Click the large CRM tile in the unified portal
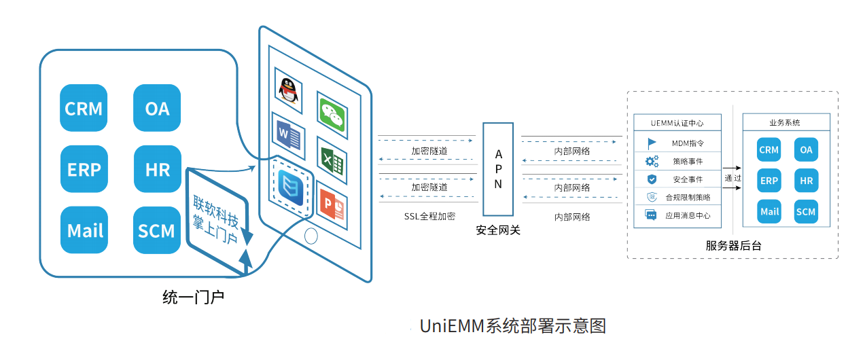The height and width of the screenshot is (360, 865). point(84,108)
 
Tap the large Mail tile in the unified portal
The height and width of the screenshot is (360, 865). point(84,230)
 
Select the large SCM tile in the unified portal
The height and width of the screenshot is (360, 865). point(157,230)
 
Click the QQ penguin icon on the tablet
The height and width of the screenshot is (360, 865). point(289,90)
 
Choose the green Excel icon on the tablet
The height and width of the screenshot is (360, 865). point(332,161)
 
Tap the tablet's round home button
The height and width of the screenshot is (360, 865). point(311,236)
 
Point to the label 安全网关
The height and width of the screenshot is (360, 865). point(498,230)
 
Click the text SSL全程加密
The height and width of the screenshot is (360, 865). point(429,216)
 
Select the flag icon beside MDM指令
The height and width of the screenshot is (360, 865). point(652,143)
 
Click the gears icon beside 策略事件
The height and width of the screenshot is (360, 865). point(652,162)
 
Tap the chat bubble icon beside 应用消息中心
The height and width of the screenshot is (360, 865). point(651,215)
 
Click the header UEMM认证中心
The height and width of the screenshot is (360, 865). point(677,123)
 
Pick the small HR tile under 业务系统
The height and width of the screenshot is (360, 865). point(806,181)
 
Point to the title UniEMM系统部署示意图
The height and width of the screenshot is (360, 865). point(512,326)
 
